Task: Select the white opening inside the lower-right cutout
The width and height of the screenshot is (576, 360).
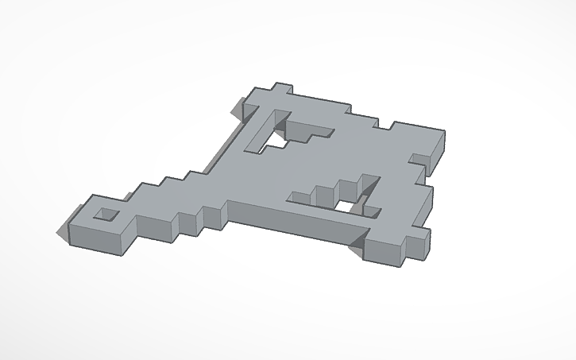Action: coord(347,207)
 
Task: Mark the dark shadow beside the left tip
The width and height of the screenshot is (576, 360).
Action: coord(63,231)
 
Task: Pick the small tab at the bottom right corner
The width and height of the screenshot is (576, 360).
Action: coord(419,238)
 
